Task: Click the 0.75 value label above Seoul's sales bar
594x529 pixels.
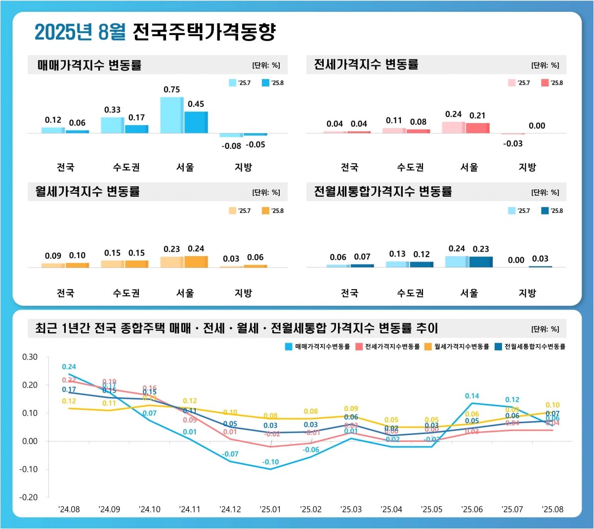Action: coord(171,89)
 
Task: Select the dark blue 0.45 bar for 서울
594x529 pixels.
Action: coord(196,122)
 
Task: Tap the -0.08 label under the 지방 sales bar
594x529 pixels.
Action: coord(231,146)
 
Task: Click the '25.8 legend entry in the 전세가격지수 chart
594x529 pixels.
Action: coord(552,83)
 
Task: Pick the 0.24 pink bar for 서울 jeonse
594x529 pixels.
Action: coord(453,127)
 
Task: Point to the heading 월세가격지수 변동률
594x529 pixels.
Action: coord(87,192)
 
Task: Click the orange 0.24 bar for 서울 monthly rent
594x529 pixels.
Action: coord(196,262)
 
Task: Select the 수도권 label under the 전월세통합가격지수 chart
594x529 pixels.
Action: coord(410,293)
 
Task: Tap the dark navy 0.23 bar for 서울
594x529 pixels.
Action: coord(480,262)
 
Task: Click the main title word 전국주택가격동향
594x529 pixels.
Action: coord(204,32)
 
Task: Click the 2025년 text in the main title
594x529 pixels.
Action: coord(63,32)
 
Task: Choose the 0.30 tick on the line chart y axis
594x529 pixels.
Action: coord(30,357)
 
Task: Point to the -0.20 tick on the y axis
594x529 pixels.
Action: coord(28,497)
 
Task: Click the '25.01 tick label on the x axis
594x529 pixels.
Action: coord(270,510)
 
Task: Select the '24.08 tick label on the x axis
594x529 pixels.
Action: coord(69,510)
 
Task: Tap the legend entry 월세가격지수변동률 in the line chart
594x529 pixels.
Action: coord(457,347)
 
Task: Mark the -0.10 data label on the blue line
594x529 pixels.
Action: coord(270,462)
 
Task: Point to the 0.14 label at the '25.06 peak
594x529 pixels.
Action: coord(472,396)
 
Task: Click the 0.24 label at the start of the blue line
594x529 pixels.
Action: coord(69,367)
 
